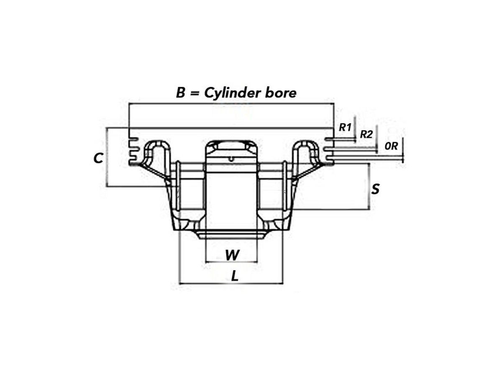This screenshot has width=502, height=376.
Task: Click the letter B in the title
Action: pyautogui.click(x=180, y=93)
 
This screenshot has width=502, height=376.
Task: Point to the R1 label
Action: pyautogui.click(x=345, y=127)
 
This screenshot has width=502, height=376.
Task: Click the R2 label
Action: pyautogui.click(x=366, y=135)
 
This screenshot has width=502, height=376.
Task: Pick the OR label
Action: pyautogui.click(x=391, y=146)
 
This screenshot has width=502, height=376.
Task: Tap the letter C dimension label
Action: pyautogui.click(x=98, y=158)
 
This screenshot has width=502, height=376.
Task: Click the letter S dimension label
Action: pyautogui.click(x=375, y=189)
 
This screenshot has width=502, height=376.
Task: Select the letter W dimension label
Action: pyautogui.click(x=232, y=255)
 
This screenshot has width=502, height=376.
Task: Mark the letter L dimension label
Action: pyautogui.click(x=235, y=276)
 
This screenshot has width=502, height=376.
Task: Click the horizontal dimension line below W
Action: pyautogui.click(x=231, y=262)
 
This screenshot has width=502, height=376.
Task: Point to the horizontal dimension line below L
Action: pyautogui.click(x=231, y=284)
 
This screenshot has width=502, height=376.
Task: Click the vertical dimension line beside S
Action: pyautogui.click(x=369, y=186)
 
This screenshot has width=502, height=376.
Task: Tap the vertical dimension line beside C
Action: pyautogui.click(x=106, y=157)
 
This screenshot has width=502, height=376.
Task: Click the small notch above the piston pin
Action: pyautogui.click(x=231, y=159)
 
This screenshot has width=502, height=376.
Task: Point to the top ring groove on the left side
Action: pyautogui.click(x=134, y=139)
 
